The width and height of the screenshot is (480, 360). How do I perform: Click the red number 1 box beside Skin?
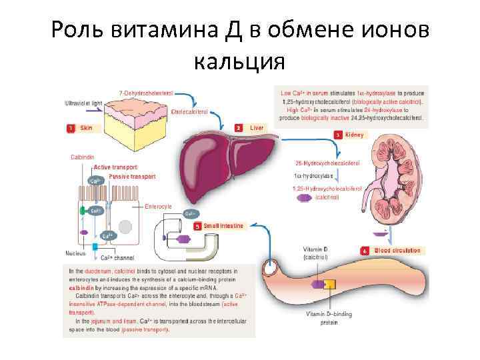[70, 127]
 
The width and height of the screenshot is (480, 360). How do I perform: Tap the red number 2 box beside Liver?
[238, 127]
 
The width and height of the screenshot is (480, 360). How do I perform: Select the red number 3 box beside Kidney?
[338, 135]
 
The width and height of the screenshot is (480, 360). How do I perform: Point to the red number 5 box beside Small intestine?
[197, 226]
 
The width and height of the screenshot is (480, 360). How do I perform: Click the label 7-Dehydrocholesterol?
[146, 92]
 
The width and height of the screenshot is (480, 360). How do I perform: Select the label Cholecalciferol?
[190, 112]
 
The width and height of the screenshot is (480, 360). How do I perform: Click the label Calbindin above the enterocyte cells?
[83, 157]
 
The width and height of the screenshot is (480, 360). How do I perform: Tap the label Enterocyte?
[158, 207]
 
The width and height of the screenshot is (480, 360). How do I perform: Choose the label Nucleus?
[75, 253]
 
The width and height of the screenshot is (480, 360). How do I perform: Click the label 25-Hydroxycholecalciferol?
[327, 163]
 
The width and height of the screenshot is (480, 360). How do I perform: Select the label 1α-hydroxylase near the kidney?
[313, 176]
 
